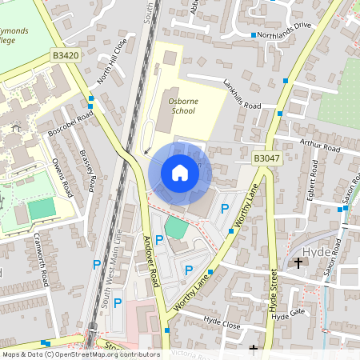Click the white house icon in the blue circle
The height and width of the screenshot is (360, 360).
pyautogui.click(x=180, y=173)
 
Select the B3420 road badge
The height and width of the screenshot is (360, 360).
pyautogui.click(x=66, y=54)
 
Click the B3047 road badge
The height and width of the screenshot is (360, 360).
pyautogui.click(x=266, y=158)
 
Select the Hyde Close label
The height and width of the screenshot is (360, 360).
pyautogui.click(x=222, y=322)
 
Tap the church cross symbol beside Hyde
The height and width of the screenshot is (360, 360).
pyautogui.click(x=298, y=262)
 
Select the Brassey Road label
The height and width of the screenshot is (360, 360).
pyautogui.click(x=87, y=172)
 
